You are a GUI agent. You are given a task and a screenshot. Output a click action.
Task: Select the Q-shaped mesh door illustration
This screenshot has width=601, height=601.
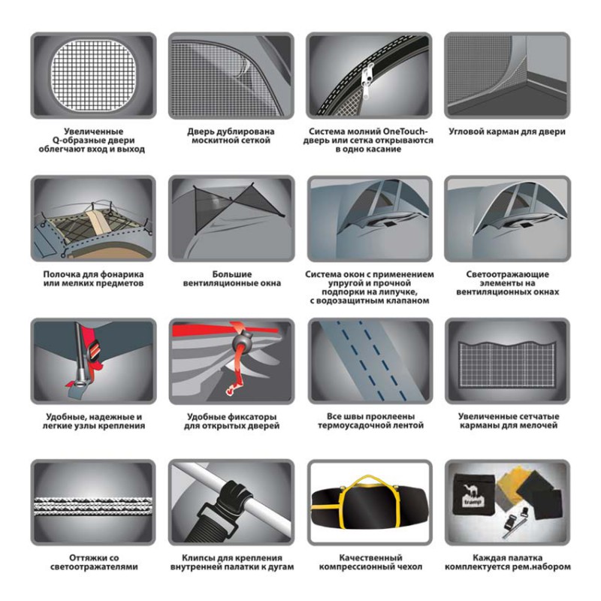coord(93,75)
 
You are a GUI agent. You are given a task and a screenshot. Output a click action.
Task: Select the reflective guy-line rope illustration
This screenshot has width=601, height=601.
coord(93,506)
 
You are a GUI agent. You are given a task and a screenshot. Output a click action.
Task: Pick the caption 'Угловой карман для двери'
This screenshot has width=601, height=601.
coord(507,131)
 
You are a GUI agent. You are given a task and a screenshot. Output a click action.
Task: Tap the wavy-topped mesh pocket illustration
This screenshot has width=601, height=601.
coord(507,363)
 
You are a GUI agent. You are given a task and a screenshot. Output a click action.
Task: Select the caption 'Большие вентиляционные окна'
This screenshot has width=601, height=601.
coord(232,279)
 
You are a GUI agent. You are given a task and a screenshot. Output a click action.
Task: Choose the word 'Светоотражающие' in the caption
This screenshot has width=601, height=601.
coord(508,274)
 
